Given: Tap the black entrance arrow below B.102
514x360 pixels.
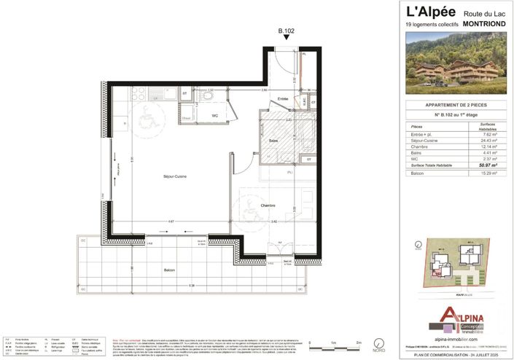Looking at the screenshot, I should point(287,39).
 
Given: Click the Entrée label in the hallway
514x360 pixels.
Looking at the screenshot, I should point(283,98).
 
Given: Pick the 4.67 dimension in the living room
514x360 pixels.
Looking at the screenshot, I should point(170,220).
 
